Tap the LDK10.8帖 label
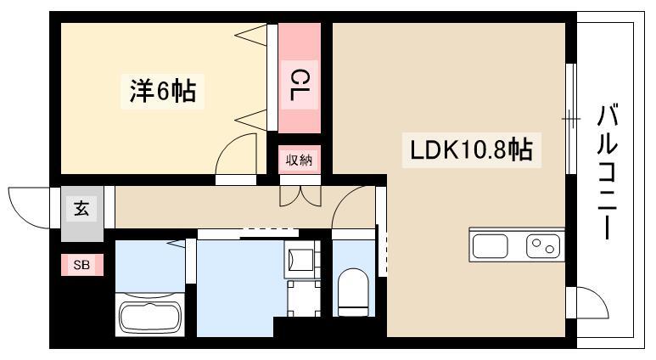coord(471,150)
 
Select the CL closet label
coord(300,86)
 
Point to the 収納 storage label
coord(300,160)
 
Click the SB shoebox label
coord(81,266)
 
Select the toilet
coord(350,291)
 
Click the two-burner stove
coord(543,246)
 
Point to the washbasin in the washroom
coord(300,256)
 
